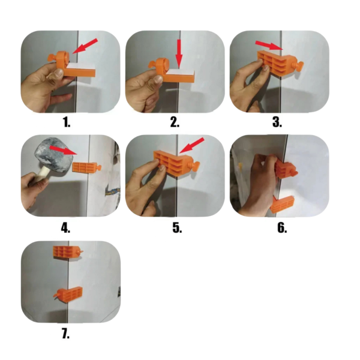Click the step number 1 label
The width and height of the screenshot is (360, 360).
(67, 122)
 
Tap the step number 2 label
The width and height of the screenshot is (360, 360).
(175, 122)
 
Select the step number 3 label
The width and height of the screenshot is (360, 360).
(277, 122)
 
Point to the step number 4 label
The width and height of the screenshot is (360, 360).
(65, 228)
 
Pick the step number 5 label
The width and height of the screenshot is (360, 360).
(177, 228)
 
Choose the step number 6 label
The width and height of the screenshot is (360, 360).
(282, 228)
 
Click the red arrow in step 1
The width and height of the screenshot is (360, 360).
(85, 46)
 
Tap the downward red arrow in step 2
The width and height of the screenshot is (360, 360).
(179, 54)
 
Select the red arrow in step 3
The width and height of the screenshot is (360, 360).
(269, 45)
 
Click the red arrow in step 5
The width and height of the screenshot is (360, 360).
(192, 145)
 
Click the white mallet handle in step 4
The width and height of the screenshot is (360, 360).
(41, 174)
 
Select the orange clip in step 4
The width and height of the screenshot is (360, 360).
(86, 167)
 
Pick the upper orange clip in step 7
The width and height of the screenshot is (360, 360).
(68, 252)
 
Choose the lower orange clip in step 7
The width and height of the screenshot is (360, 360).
(68, 294)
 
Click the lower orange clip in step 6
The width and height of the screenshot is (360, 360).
(283, 204)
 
